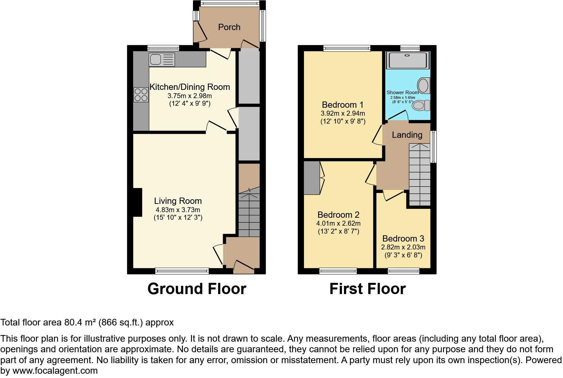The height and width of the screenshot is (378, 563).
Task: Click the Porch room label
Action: coord(229,27)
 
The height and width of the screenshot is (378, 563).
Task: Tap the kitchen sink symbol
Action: coord(162,60)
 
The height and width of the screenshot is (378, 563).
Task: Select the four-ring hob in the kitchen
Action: coord(141,94)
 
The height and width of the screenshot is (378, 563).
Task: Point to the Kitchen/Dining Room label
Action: coord(190,87)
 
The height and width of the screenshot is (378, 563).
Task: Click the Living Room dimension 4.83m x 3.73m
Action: coord(178,210)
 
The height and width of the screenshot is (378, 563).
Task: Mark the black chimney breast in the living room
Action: coord(137,202)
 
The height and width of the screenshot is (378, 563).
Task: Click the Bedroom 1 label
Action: coord(343,105)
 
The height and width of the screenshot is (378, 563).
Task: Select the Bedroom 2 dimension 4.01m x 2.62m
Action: coord(338,223)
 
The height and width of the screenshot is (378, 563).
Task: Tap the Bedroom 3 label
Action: coord(403,239)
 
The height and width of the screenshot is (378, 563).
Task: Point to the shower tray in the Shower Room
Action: coord(408,60)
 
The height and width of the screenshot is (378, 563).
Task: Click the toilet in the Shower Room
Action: coord(422,105)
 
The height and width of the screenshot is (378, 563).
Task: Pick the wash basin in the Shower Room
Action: coord(423,85)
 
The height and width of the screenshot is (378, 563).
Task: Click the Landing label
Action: coord(407,135)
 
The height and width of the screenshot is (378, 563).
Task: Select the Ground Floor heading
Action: coord(197,289)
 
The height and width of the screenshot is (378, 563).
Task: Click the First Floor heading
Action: coord(367,289)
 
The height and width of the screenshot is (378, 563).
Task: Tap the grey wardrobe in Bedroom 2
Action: coord(312,178)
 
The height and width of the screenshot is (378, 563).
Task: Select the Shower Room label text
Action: coord(402,93)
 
